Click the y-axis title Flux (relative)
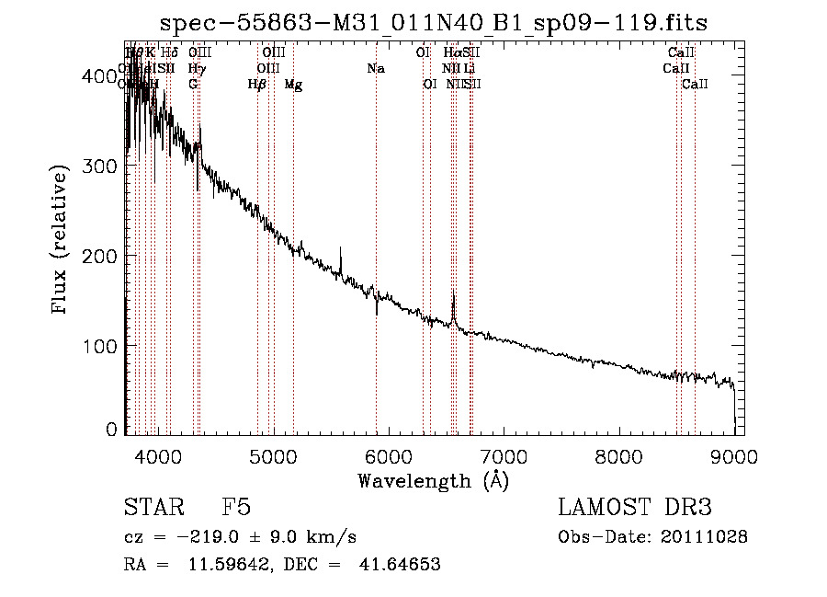(x=61, y=241)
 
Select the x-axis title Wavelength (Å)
(x=433, y=480)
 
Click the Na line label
(x=375, y=69)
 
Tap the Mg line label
(x=293, y=85)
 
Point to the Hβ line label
(x=257, y=85)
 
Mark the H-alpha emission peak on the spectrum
(x=453, y=294)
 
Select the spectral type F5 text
(x=236, y=508)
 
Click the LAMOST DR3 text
(x=634, y=508)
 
